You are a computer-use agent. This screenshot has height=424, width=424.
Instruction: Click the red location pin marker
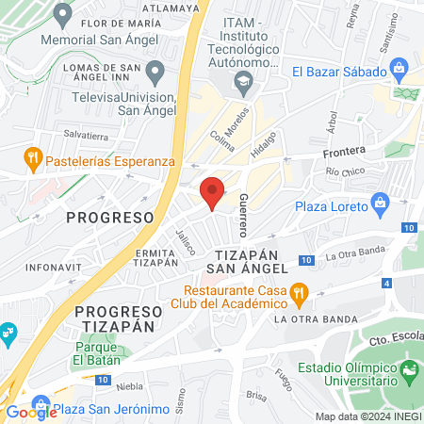212,192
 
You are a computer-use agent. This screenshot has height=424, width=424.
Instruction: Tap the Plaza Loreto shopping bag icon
381,202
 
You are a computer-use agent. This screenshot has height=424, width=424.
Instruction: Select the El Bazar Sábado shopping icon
400,69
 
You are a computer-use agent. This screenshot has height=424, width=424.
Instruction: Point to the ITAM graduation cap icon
243,82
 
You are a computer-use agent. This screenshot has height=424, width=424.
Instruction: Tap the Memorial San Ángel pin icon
63,14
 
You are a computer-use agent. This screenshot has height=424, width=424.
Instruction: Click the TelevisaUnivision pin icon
157,70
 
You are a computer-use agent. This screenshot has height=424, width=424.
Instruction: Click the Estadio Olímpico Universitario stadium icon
409,370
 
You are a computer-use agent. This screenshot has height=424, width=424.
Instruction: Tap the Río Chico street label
345,172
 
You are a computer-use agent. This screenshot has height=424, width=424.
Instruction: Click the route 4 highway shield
387,283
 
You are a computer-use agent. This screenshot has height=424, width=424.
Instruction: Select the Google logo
31,412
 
